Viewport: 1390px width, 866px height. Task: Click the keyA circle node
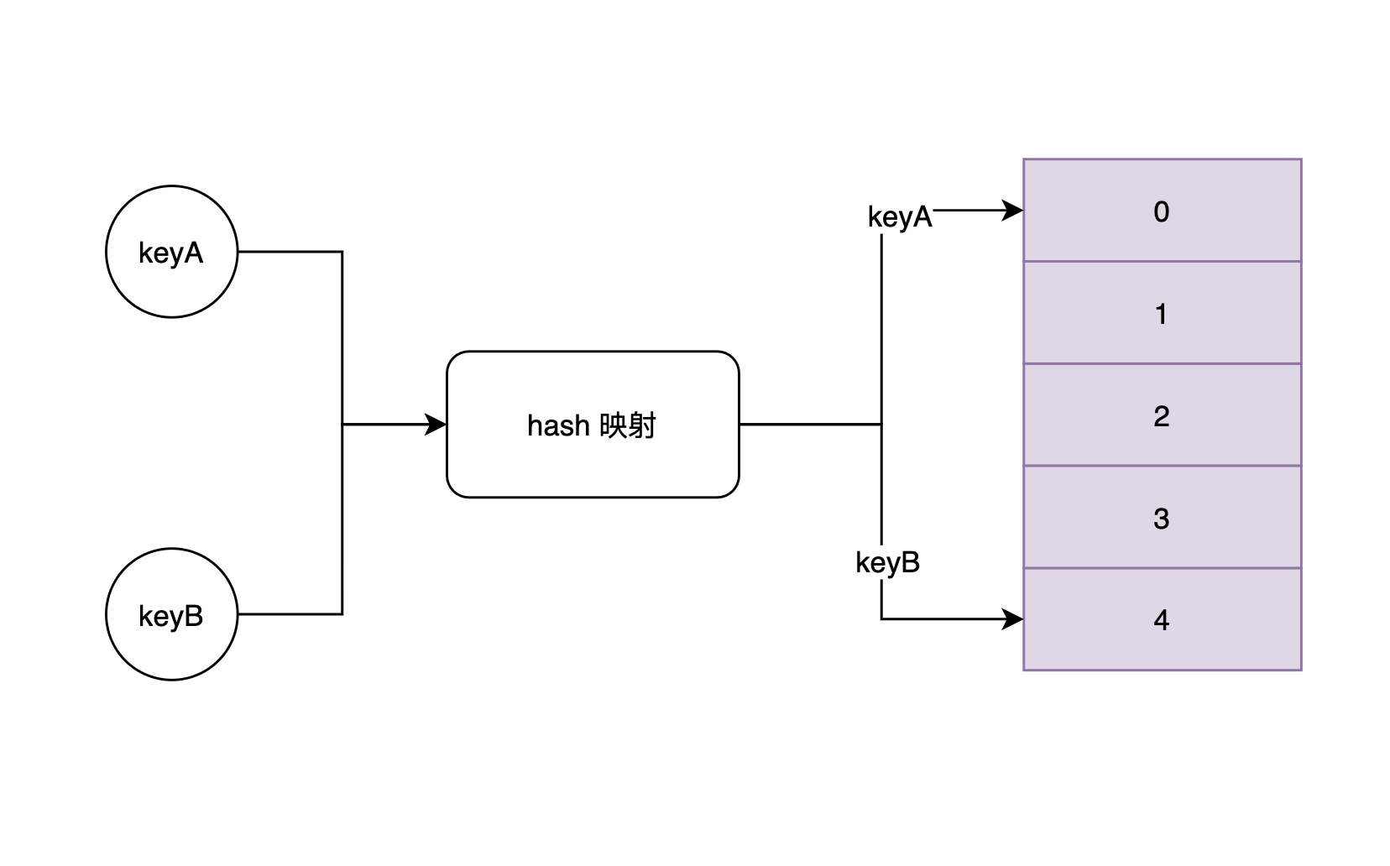(x=171, y=252)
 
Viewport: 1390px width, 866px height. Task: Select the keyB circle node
(x=171, y=614)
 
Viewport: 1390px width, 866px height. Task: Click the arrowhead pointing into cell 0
(x=1013, y=210)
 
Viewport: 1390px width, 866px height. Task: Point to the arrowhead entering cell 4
(x=1013, y=619)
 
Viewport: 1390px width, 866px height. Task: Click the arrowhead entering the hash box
(x=436, y=425)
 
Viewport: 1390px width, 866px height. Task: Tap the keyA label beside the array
(x=899, y=216)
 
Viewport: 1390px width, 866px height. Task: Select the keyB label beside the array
(x=887, y=562)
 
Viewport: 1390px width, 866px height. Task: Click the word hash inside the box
(x=558, y=426)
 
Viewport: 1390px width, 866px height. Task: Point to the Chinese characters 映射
(x=628, y=426)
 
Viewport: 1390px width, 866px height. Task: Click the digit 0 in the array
(x=1161, y=211)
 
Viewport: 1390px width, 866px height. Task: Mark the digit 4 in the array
(x=1161, y=620)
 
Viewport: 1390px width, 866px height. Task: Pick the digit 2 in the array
(x=1161, y=416)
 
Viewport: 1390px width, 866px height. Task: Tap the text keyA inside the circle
(x=171, y=253)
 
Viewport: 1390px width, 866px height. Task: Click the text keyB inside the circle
(x=171, y=616)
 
